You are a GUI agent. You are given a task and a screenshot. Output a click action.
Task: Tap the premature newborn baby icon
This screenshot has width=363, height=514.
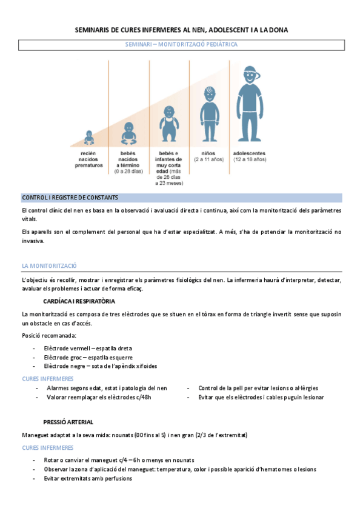pyautogui.click(x=89, y=137)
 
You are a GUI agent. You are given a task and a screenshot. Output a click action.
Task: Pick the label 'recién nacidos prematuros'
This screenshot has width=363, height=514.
pyautogui.click(x=88, y=159)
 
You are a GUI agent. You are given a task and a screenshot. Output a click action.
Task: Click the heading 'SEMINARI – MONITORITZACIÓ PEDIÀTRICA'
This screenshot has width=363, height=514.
pyautogui.click(x=181, y=45)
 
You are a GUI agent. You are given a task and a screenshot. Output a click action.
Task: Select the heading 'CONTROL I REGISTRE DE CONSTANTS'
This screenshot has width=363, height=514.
pyautogui.click(x=70, y=198)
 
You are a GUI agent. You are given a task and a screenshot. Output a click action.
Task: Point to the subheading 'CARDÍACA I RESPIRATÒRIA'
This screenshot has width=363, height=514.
pyautogui.click(x=79, y=301)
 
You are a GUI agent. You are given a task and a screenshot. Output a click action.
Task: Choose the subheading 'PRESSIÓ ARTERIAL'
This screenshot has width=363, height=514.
pyautogui.click(x=68, y=422)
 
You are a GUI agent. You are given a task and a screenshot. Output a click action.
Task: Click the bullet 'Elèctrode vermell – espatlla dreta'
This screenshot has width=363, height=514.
pyautogui.click(x=87, y=349)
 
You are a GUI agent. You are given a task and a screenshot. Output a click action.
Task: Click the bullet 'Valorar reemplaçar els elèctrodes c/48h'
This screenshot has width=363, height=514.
pyautogui.click(x=98, y=397)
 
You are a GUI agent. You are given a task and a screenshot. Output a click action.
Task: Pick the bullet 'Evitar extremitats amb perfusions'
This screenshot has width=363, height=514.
pyautogui.click(x=88, y=478)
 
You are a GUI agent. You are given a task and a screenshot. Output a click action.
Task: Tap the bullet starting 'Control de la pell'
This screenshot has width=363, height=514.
pyautogui.click(x=258, y=388)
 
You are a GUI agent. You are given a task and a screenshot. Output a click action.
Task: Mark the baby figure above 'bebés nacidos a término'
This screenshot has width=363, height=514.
pyautogui.click(x=128, y=133)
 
